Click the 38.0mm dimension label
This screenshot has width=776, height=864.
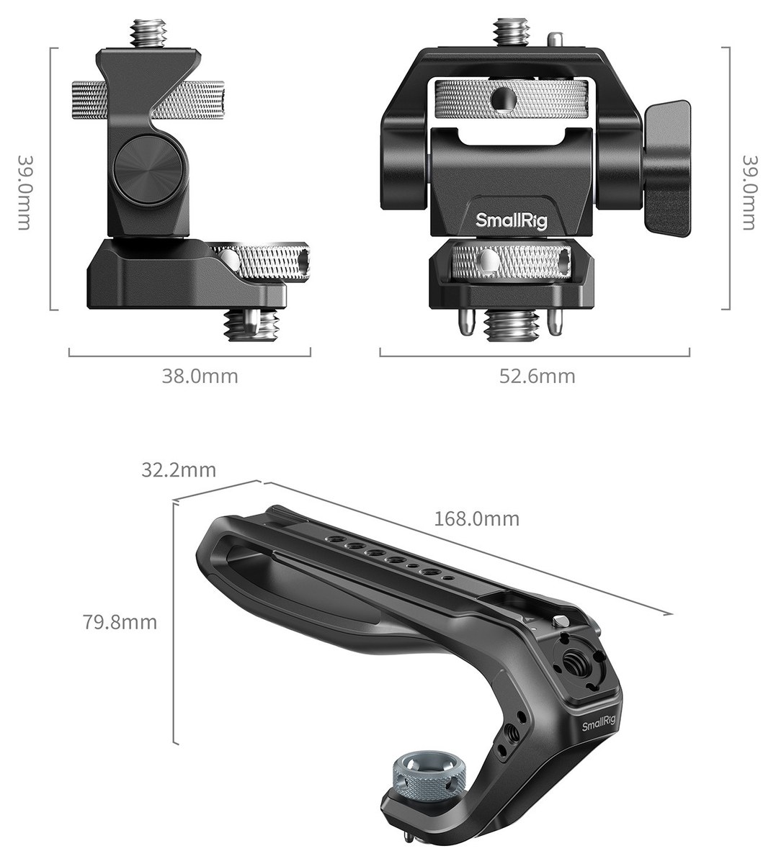point(200,376)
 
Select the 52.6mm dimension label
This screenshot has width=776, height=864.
point(538,376)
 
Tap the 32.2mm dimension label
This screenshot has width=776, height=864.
point(179,470)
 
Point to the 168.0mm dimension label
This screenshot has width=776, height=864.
point(477,519)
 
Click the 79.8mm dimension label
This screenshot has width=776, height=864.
point(120,622)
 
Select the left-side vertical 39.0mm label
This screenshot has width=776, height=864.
point(24,192)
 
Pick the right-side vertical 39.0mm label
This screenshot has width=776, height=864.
point(749,192)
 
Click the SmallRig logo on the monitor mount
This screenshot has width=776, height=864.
point(512,221)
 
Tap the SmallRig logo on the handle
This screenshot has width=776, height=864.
point(599,724)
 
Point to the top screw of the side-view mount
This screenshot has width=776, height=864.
point(148,34)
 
